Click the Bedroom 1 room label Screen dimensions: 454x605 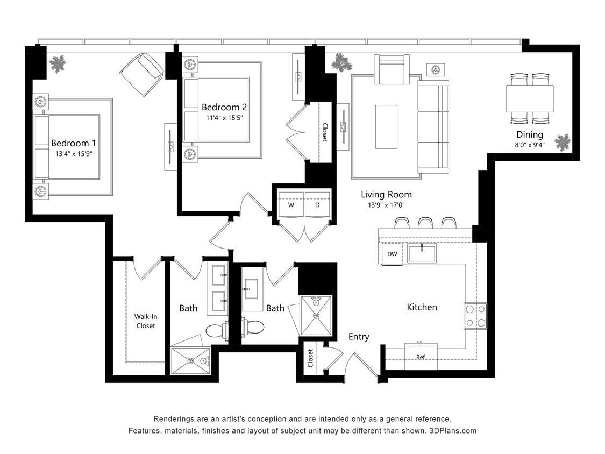click(73, 143)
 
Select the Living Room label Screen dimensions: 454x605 click(386, 194)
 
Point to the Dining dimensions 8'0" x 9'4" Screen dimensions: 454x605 click(530, 144)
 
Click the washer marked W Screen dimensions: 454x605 click(291, 205)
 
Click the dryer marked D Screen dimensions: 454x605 click(317, 205)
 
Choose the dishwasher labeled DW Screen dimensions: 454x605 click(392, 254)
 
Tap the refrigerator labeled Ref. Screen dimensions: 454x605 click(421, 357)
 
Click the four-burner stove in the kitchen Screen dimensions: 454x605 click(475, 316)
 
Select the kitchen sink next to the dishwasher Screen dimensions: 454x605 click(422, 253)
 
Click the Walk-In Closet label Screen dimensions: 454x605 click(145, 321)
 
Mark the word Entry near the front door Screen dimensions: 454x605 click(359, 337)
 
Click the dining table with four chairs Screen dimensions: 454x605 click(530, 98)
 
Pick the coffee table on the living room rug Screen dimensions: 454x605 click(386, 126)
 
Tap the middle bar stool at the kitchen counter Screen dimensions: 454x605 click(425, 223)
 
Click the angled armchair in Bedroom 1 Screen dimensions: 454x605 click(142, 74)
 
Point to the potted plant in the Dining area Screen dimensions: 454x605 click(562, 142)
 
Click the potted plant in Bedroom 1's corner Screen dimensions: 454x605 click(58, 64)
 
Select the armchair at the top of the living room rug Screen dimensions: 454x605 click(392, 69)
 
